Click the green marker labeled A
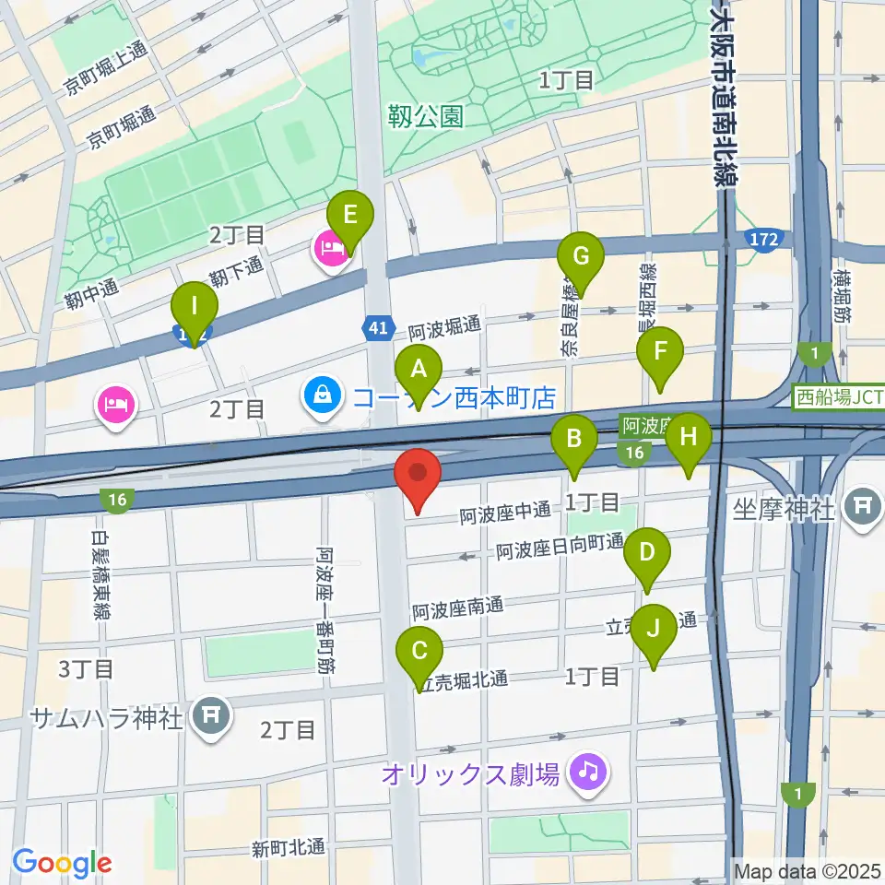coord(419,371)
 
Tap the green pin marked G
coord(581,255)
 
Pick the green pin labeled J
coord(654,630)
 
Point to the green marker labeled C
coord(419,652)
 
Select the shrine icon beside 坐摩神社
coord(864,506)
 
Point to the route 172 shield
coord(762,240)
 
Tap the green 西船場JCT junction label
coord(840,398)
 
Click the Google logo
coord(62,863)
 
